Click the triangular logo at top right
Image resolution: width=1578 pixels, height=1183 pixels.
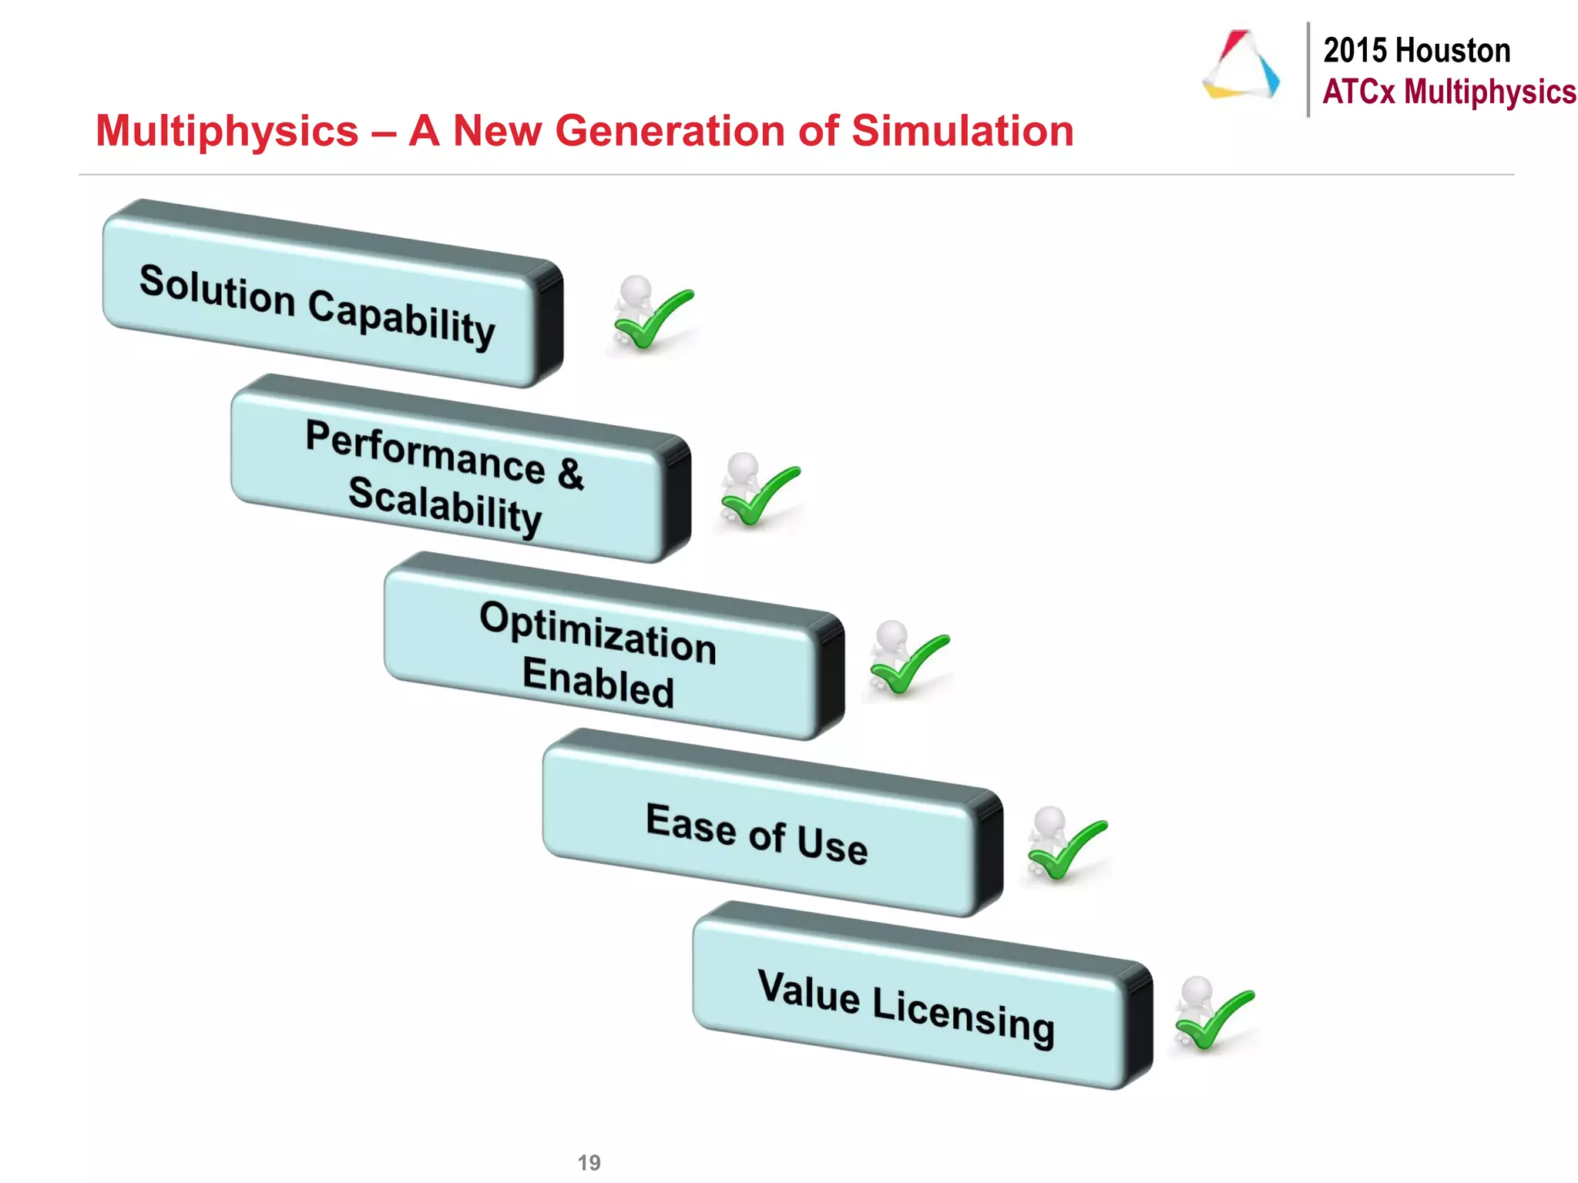click(1241, 66)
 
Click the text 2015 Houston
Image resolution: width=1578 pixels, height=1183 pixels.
click(1416, 51)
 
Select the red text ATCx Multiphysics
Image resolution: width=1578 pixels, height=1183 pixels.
click(1449, 92)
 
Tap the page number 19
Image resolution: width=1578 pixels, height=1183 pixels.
click(589, 1162)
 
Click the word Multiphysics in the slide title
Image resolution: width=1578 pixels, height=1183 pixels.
click(227, 131)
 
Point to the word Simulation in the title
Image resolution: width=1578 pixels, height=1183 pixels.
click(962, 131)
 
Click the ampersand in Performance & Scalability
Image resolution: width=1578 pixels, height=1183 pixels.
click(570, 472)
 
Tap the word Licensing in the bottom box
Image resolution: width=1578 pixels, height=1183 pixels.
click(963, 1015)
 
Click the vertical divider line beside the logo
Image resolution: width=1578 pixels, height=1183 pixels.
click(1308, 69)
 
